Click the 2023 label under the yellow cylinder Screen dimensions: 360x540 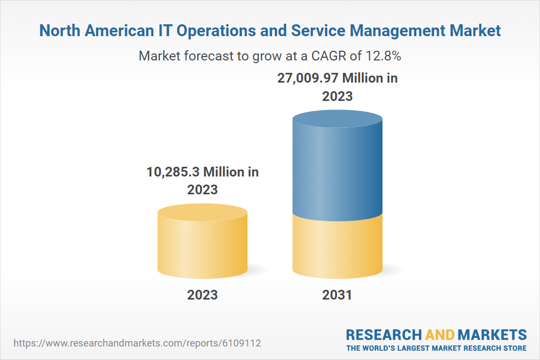coord(202,295)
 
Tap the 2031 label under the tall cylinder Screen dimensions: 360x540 coord(337,295)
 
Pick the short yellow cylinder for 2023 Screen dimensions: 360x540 coord(202,243)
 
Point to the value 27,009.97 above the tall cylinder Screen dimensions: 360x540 coord(308,78)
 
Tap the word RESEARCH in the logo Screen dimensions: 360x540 coord(383,334)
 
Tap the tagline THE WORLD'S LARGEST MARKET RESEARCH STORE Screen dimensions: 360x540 coord(436,348)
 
